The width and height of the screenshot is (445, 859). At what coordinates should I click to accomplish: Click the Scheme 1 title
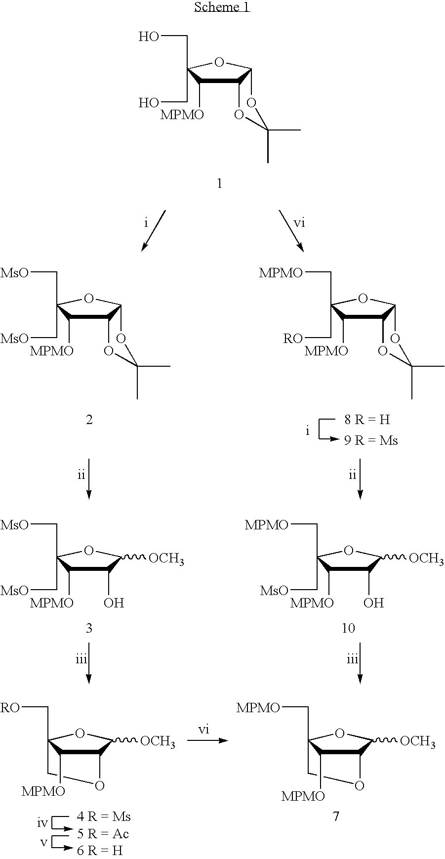[x=222, y=7]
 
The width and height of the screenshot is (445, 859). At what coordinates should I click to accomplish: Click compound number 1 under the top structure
[x=220, y=184]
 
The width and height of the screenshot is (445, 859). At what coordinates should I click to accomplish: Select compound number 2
[x=89, y=420]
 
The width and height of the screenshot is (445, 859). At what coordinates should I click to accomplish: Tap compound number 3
[x=89, y=628]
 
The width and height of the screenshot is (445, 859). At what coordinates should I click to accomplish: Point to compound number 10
[x=348, y=628]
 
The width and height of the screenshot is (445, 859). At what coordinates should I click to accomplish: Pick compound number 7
[x=336, y=816]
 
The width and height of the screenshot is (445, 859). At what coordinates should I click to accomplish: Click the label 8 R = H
[x=367, y=420]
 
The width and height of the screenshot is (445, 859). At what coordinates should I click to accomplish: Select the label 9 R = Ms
[x=371, y=440]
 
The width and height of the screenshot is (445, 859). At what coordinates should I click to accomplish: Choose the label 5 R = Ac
[x=103, y=834]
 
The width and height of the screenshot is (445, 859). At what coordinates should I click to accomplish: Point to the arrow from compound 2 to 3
[x=89, y=479]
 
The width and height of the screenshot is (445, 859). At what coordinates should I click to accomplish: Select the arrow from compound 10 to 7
[x=360, y=663]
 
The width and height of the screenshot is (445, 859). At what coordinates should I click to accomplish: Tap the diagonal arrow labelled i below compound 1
[x=153, y=231]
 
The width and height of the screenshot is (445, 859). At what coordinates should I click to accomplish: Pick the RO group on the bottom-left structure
[x=10, y=708]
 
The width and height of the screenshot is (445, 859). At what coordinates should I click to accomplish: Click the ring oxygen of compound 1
[x=220, y=63]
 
